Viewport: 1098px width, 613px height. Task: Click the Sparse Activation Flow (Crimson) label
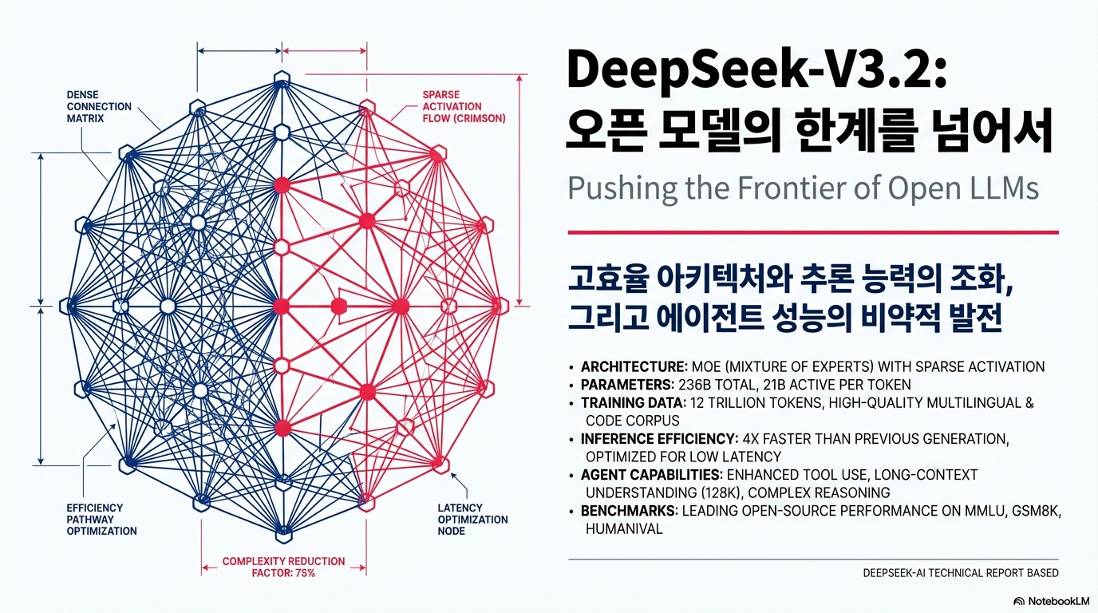pyautogui.click(x=463, y=106)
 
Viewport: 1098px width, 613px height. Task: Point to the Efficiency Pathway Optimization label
pyautogui.click(x=101, y=519)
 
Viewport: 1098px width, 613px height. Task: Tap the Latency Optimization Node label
pyautogui.click(x=472, y=519)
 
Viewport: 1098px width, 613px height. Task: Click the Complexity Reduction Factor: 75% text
pyautogui.click(x=283, y=567)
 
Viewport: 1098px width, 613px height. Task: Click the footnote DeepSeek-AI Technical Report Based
pyautogui.click(x=961, y=573)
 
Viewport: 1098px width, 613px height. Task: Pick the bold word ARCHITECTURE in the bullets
pyautogui.click(x=634, y=367)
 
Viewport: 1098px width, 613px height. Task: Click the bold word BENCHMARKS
pyautogui.click(x=626, y=511)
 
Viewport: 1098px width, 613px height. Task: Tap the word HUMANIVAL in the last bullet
pyautogui.click(x=624, y=528)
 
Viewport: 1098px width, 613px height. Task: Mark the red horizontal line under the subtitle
pyautogui.click(x=812, y=232)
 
